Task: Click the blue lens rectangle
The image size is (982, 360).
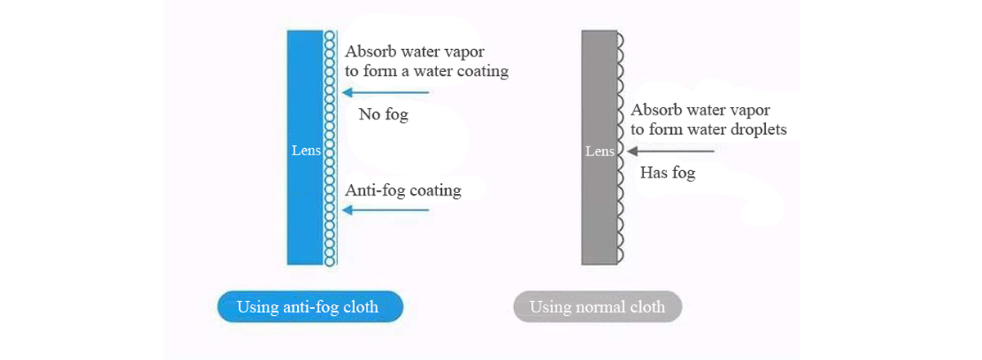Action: (305, 147)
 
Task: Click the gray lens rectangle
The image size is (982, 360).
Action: (599, 147)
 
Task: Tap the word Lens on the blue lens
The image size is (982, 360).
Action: (306, 151)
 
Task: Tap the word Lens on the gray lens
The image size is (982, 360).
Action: (600, 151)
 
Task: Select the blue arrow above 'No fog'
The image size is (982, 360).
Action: (385, 92)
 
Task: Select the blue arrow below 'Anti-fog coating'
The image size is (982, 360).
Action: (385, 210)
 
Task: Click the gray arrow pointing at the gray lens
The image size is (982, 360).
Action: (671, 151)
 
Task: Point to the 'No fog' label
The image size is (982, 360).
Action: (384, 115)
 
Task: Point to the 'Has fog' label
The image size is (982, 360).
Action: (668, 173)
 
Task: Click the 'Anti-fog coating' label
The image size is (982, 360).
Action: (403, 191)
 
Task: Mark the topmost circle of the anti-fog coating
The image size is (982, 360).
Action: (330, 35)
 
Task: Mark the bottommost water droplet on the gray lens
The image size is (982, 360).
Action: (620, 254)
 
